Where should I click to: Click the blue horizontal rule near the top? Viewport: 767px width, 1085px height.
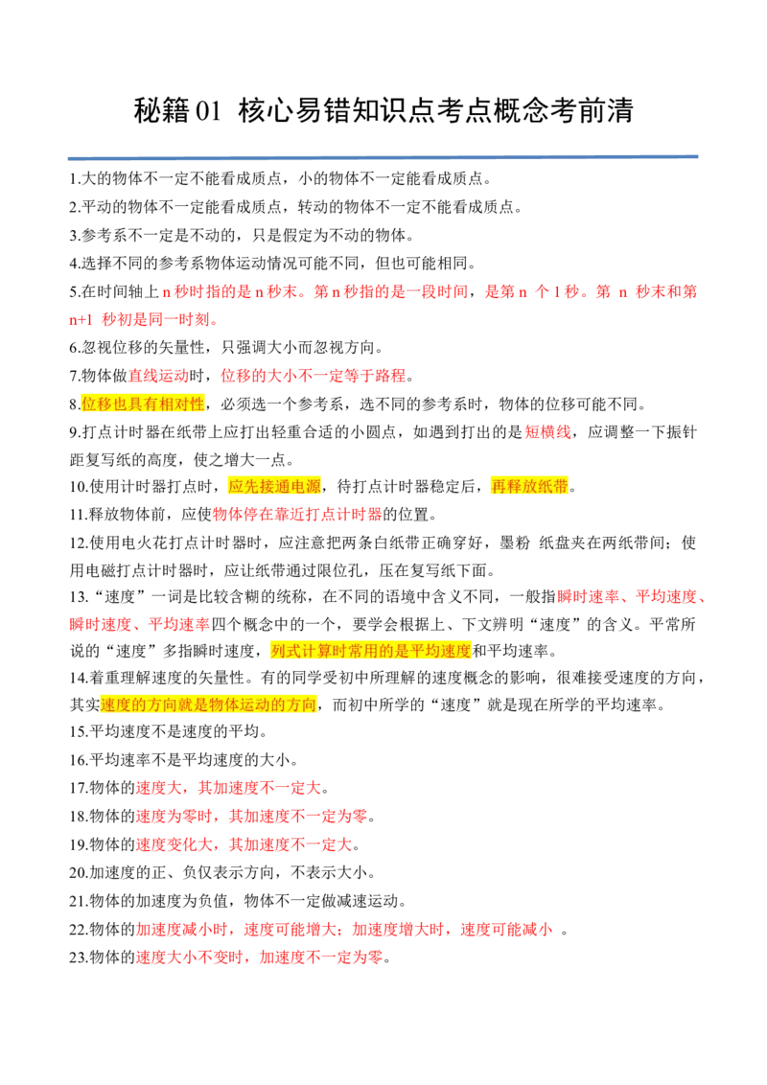point(383,157)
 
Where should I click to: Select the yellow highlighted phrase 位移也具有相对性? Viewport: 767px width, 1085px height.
point(143,404)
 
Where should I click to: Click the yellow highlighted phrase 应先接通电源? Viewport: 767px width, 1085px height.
point(274,487)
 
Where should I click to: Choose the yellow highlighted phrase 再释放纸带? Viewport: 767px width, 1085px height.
point(529,487)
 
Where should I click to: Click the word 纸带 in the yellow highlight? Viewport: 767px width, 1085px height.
point(553,487)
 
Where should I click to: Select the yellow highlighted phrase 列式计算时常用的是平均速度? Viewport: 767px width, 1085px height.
point(372,651)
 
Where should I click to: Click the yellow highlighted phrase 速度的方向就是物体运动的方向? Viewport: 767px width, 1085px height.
point(208,704)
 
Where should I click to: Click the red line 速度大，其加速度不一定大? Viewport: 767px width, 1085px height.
point(228,789)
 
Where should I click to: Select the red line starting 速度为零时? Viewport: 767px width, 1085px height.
point(251,818)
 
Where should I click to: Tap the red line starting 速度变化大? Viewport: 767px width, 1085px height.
point(244,846)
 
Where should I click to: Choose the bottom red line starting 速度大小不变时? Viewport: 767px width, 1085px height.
point(259,958)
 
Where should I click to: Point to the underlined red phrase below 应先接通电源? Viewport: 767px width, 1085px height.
point(298,516)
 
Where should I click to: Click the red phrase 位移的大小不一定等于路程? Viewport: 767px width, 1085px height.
point(314,376)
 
